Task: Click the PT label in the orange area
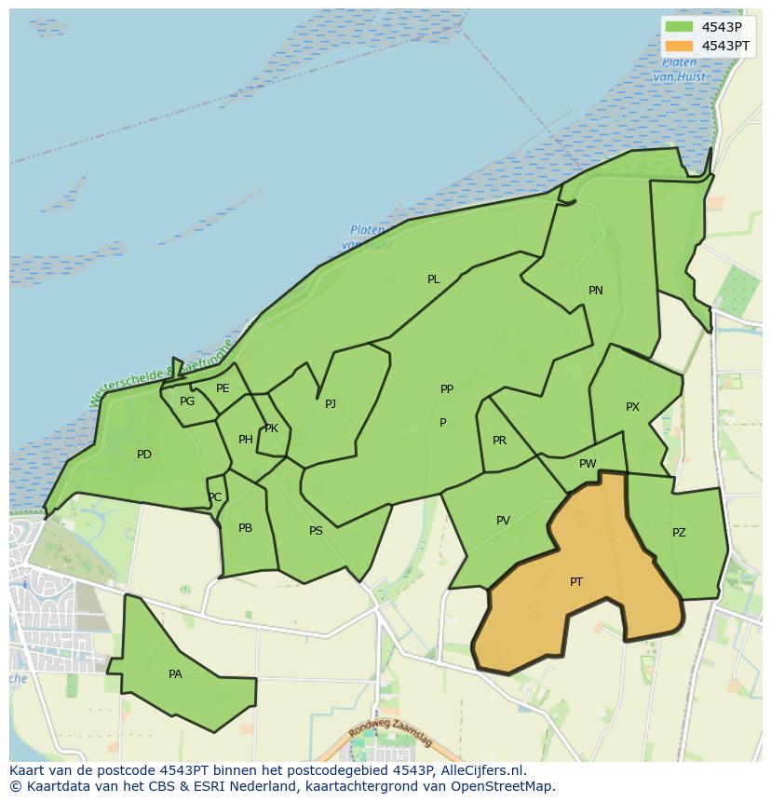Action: click(576, 582)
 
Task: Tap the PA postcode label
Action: click(175, 674)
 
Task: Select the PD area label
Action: click(144, 455)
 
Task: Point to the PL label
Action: click(434, 279)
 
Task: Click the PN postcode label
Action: click(596, 291)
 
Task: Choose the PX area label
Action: click(633, 407)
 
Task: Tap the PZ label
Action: click(679, 533)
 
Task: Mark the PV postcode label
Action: click(503, 521)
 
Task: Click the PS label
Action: click(316, 531)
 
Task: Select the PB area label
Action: click(245, 528)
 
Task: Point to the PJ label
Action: click(331, 404)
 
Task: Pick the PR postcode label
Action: click(499, 441)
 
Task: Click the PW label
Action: click(588, 464)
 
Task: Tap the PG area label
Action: click(187, 401)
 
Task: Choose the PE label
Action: click(223, 388)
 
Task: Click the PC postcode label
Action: click(215, 497)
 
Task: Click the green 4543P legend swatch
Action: click(680, 27)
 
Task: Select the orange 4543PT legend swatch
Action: click(680, 46)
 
